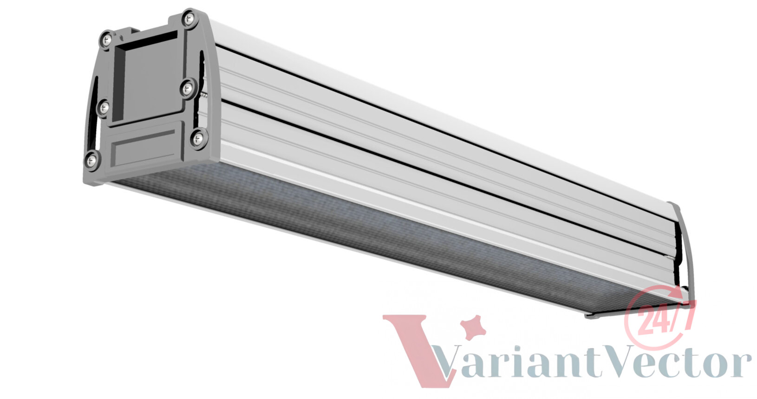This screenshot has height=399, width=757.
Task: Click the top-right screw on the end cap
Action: pyautogui.click(x=189, y=19)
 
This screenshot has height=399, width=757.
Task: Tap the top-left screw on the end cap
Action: pyautogui.click(x=107, y=40)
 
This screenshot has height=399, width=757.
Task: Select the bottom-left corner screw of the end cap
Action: pyautogui.click(x=91, y=160)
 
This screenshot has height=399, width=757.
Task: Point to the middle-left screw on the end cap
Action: pyautogui.click(x=104, y=108)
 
